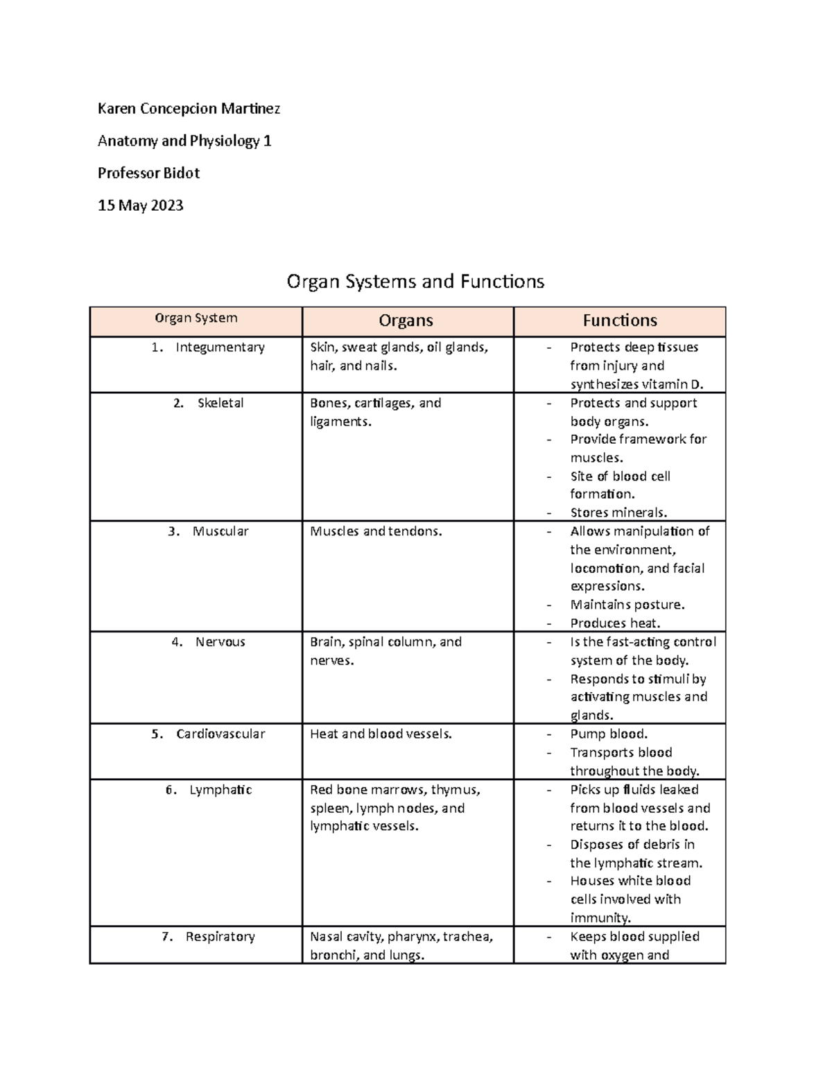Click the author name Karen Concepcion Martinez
click(x=189, y=108)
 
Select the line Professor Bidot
click(x=148, y=173)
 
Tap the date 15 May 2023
click(x=140, y=205)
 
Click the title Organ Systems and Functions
click(x=415, y=281)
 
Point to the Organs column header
click(x=406, y=320)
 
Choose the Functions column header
click(x=619, y=320)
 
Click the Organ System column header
click(x=196, y=318)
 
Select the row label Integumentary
click(x=220, y=347)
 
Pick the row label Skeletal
click(x=220, y=403)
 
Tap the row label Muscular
click(x=220, y=531)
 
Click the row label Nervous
click(x=220, y=641)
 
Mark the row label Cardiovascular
click(x=220, y=734)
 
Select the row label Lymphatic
click(x=220, y=790)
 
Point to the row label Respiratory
click(x=220, y=936)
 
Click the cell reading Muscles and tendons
click(x=376, y=531)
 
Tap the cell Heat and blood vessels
click(x=381, y=734)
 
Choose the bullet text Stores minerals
click(x=618, y=512)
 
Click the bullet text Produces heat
click(x=615, y=623)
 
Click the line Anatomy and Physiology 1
click(x=184, y=141)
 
